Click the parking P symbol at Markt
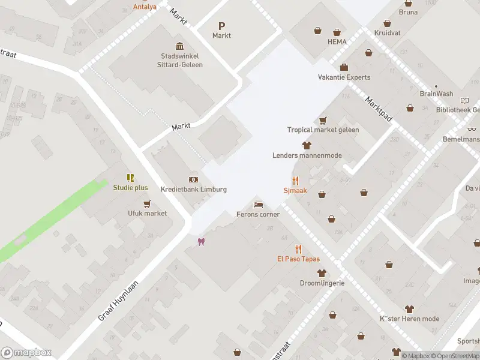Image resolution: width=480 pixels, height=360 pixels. point(221,26)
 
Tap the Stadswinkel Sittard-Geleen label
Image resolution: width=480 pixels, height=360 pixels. point(180,61)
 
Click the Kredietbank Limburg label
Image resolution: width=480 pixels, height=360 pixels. point(194,189)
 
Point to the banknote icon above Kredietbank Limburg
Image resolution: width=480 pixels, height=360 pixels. point(194,179)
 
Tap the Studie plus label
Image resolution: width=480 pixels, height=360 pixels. point(130,187)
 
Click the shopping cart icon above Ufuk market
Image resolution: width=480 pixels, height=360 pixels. point(147,203)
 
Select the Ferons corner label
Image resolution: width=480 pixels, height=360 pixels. point(258,214)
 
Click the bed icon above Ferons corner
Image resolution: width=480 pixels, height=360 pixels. point(258,205)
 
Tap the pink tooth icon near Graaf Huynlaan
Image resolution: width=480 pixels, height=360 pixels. point(202,242)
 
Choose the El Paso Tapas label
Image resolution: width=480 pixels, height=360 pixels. point(298,259)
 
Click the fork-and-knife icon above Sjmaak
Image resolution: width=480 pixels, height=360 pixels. point(295,180)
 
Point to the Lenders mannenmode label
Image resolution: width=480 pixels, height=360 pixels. point(307,155)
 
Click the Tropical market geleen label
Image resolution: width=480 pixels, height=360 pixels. point(323,130)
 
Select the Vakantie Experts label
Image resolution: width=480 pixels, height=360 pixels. point(344,77)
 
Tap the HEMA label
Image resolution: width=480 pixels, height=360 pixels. point(337,42)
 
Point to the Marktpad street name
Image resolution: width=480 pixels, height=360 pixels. point(378,110)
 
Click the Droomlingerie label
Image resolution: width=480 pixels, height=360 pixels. point(322,283)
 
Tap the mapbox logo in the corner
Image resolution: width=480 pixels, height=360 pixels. point(26,353)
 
